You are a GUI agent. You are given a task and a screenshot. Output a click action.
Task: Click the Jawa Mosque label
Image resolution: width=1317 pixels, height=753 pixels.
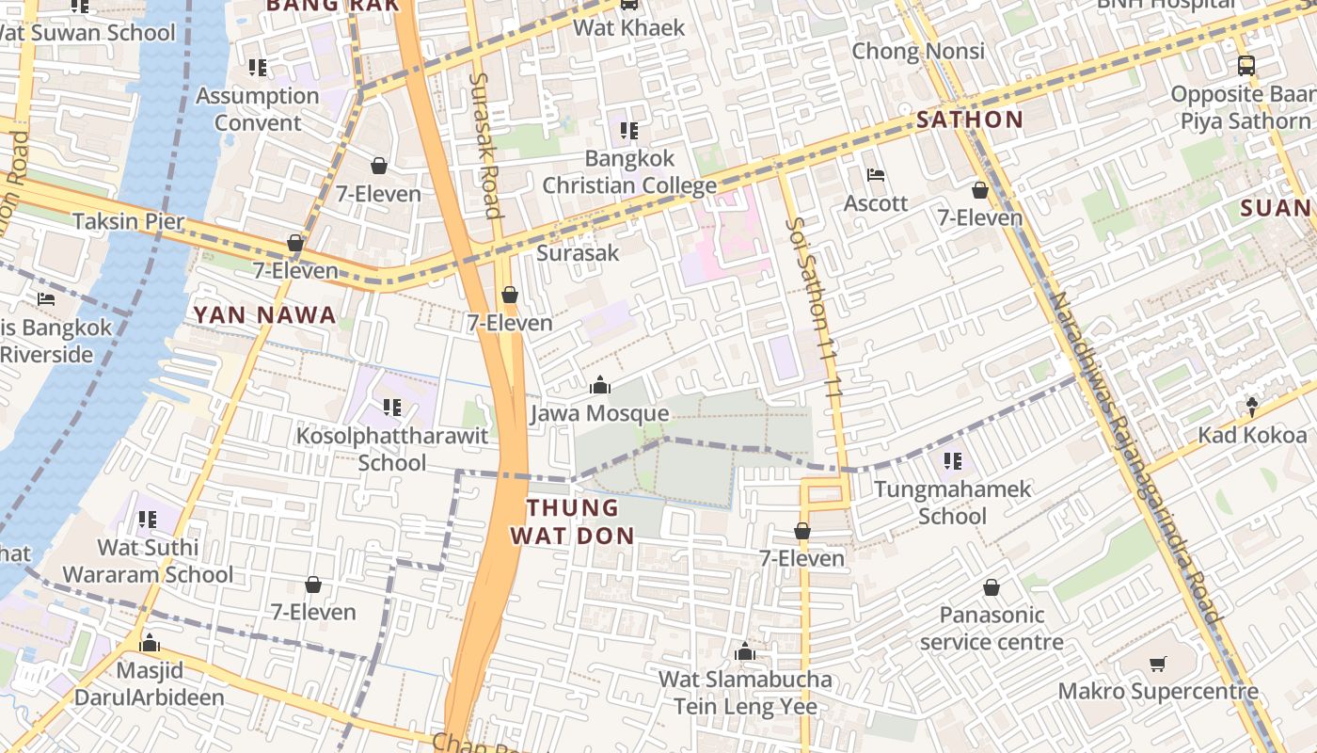point(599,413)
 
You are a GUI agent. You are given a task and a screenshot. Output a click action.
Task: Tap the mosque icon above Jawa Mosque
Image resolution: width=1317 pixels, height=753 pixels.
point(599,385)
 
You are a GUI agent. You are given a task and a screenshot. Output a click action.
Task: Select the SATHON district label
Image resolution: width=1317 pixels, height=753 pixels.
point(969,120)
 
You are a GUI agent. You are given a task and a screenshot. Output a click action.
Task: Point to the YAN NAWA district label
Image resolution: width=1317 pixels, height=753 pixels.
point(264,315)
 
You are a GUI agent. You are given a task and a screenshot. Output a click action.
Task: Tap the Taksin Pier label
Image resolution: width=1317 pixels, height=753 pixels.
point(128,222)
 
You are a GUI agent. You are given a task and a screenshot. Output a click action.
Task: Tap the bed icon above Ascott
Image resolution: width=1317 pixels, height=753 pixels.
point(875,175)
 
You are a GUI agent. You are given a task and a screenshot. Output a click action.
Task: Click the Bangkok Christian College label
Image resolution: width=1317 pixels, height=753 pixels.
point(629,171)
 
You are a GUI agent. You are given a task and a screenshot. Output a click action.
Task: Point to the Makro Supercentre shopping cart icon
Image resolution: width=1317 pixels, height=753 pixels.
point(1158,665)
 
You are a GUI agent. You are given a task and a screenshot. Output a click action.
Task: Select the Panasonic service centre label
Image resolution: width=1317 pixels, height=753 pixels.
point(992,628)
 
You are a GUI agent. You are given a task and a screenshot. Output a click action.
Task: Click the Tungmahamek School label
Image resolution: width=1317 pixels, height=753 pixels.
point(952,503)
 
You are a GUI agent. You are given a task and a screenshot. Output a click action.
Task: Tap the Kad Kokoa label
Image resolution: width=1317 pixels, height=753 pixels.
point(1251,435)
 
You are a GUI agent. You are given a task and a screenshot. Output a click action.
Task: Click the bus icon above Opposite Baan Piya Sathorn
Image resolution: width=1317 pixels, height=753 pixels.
point(1246,66)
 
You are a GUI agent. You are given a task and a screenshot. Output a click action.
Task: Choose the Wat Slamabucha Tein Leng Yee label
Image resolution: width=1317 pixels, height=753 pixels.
point(744,693)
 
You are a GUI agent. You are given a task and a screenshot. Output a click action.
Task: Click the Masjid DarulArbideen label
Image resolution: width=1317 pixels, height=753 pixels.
point(149,684)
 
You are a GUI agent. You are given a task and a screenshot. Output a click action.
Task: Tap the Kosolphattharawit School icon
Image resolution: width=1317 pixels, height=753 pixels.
point(391,408)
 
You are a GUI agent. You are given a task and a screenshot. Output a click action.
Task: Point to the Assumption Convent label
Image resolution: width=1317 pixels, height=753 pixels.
point(257,109)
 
